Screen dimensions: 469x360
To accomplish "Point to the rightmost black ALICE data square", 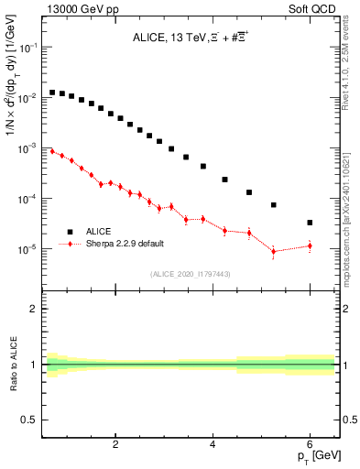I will coord(310,223).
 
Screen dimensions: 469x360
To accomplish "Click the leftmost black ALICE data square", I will coord(52,93).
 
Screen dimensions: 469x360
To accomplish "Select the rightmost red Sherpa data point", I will coord(310,245).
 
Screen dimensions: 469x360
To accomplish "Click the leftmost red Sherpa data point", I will coord(52,150).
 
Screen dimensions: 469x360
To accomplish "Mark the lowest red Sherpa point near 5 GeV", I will coord(274,251).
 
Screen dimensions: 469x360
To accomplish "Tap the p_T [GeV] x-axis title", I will coord(315,455).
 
